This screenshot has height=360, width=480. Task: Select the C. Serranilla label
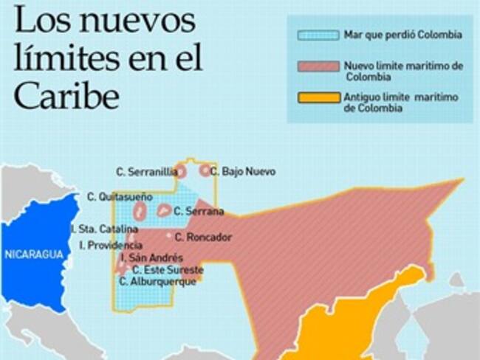click(x=146, y=172)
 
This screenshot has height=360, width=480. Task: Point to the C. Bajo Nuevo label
click(x=243, y=172)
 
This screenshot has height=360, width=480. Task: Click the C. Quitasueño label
click(x=119, y=197)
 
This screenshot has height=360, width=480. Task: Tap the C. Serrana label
click(x=199, y=211)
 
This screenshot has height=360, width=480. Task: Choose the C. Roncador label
click(x=203, y=237)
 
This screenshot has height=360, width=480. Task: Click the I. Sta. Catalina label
click(x=104, y=229)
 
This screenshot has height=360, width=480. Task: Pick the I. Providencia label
click(x=111, y=245)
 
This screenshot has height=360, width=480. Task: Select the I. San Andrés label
click(x=151, y=257)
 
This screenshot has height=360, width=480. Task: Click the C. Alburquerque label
click(x=157, y=281)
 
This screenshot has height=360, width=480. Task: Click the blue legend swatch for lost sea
click(x=318, y=35)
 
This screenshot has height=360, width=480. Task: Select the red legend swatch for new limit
click(x=318, y=67)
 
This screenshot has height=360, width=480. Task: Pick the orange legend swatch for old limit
click(x=318, y=97)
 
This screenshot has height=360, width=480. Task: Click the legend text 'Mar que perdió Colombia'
click(x=402, y=35)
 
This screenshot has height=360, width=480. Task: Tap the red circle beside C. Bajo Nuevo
click(x=205, y=170)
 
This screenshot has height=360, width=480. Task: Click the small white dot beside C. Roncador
click(x=169, y=236)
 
